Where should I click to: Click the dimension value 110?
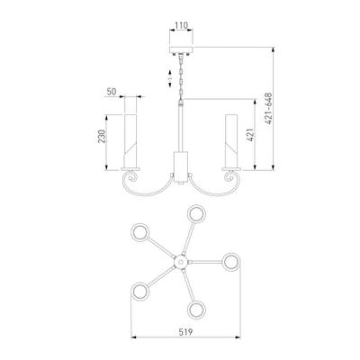[x=181, y=25]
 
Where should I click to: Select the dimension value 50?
[x=112, y=92]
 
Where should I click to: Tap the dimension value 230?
[x=103, y=136]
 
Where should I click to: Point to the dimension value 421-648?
[x=269, y=108]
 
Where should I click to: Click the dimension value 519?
[x=185, y=332]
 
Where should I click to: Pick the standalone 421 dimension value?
[x=251, y=134]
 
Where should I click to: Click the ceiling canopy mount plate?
[x=181, y=49]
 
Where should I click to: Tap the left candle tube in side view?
[x=130, y=140]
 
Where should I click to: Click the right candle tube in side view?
[x=231, y=140]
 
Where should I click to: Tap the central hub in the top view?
[x=181, y=262]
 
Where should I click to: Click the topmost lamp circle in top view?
[x=196, y=214]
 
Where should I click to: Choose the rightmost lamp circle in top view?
[x=232, y=262]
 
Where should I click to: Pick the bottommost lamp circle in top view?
[x=197, y=310]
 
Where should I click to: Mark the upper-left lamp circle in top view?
[x=139, y=232]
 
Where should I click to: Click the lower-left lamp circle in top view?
[x=139, y=292]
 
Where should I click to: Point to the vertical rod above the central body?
[x=181, y=128]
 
